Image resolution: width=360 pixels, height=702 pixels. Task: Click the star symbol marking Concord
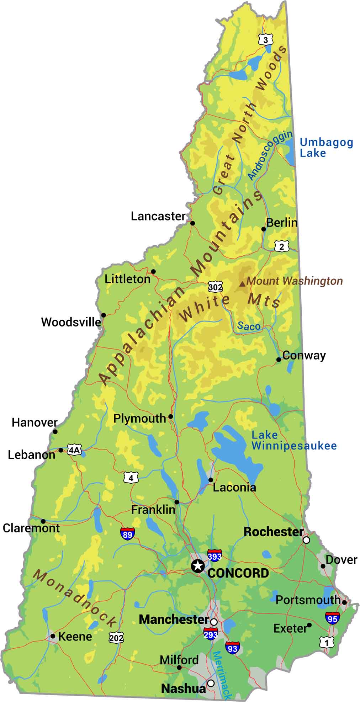click(x=197, y=565)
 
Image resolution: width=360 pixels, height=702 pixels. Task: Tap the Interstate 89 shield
click(x=127, y=534)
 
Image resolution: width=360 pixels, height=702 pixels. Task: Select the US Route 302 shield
click(x=216, y=287)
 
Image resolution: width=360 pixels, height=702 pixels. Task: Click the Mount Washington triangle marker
click(x=242, y=283)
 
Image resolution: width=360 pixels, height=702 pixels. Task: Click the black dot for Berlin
click(x=264, y=229)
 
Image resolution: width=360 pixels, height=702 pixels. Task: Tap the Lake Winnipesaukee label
click(x=294, y=440)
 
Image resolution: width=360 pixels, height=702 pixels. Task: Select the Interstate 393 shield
click(x=215, y=555)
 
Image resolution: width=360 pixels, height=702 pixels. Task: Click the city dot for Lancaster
click(x=192, y=223)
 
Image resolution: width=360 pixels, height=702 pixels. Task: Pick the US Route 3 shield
click(x=266, y=40)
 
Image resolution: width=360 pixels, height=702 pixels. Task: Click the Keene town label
click(x=75, y=636)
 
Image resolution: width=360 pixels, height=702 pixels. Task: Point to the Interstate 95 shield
click(x=332, y=618)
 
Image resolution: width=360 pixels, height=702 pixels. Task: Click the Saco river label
click(x=249, y=326)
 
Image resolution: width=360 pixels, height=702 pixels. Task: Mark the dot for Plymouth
click(x=170, y=416)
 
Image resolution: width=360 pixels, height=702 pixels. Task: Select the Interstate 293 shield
click(x=211, y=634)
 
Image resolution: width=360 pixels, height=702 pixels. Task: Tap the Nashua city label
click(x=183, y=688)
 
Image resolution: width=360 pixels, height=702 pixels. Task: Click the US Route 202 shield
click(x=116, y=638)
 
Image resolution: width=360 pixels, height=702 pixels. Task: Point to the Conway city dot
click(x=279, y=360)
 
